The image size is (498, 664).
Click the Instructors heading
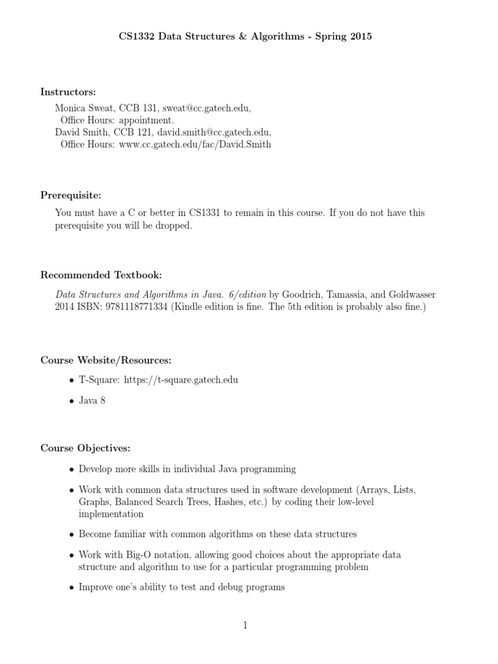(68, 92)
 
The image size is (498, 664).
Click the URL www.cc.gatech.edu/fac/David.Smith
(195, 145)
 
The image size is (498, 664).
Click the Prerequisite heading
(71, 195)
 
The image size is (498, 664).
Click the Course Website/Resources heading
(106, 360)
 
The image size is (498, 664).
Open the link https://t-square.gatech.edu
(180, 379)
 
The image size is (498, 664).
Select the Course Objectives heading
(86, 448)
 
